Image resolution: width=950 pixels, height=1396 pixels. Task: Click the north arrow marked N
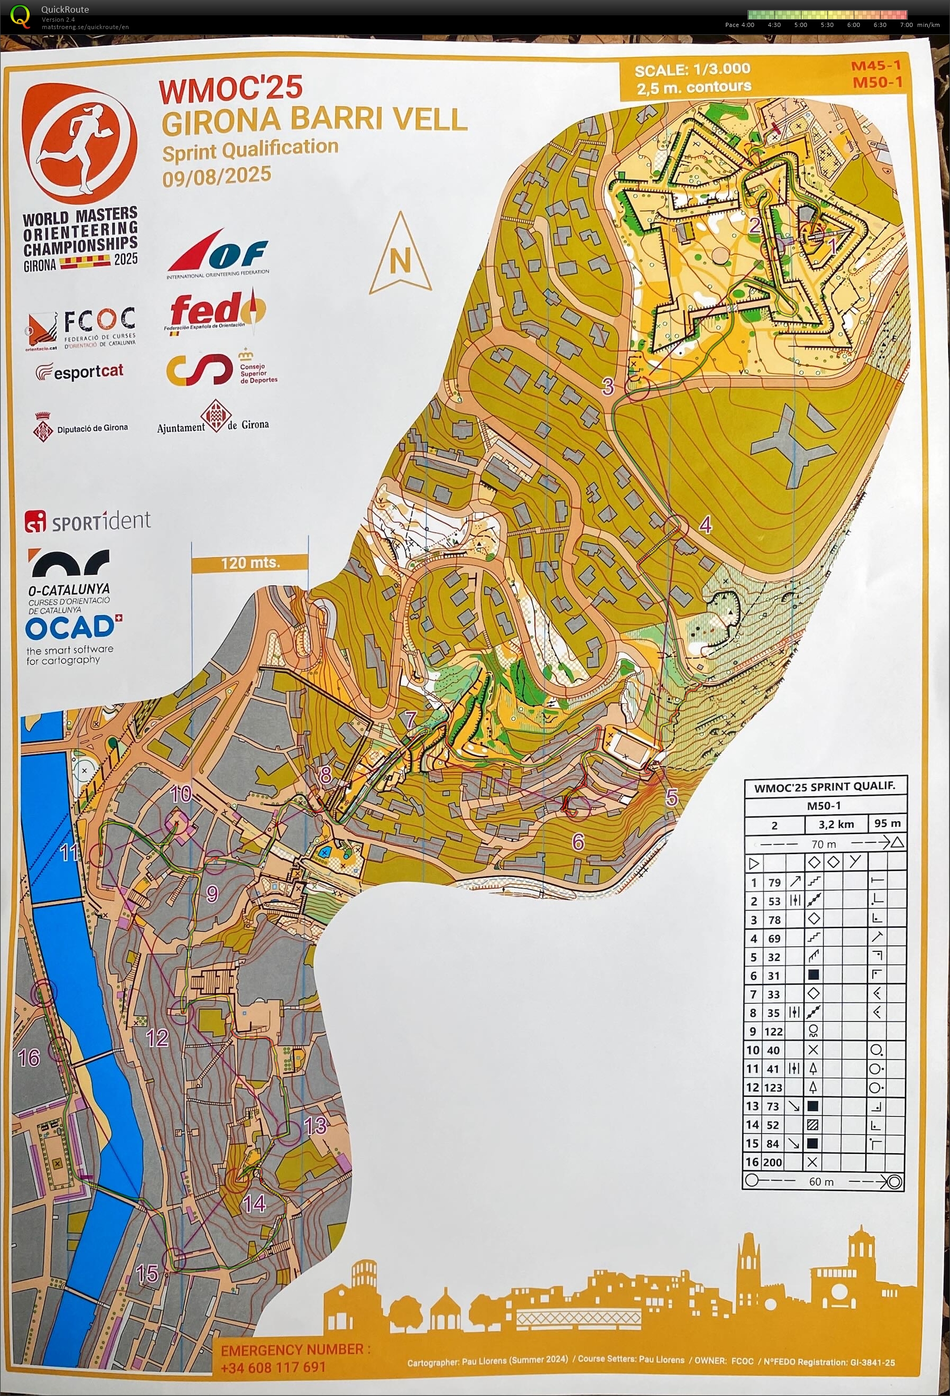(x=400, y=255)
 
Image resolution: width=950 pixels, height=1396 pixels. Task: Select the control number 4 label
(x=706, y=525)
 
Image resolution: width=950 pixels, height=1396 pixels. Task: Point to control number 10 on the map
(x=180, y=794)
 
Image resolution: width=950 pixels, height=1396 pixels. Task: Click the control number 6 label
(x=578, y=841)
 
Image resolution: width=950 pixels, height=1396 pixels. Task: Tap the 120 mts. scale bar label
(x=250, y=563)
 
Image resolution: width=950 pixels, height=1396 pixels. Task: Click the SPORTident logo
(x=88, y=521)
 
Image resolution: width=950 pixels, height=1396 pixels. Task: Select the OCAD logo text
(x=69, y=628)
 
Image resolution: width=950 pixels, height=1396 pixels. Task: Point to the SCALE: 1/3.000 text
(x=692, y=70)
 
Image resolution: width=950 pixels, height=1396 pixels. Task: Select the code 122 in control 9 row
(x=773, y=1031)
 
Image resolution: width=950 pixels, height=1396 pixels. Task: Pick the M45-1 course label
(x=875, y=66)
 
